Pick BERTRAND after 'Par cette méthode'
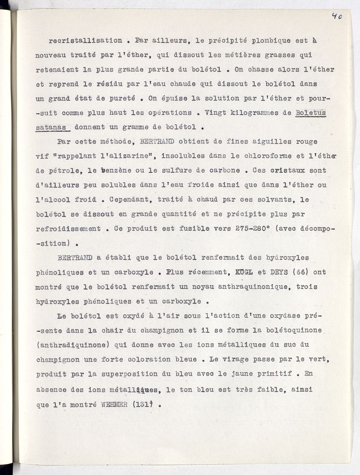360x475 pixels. (156, 142)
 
